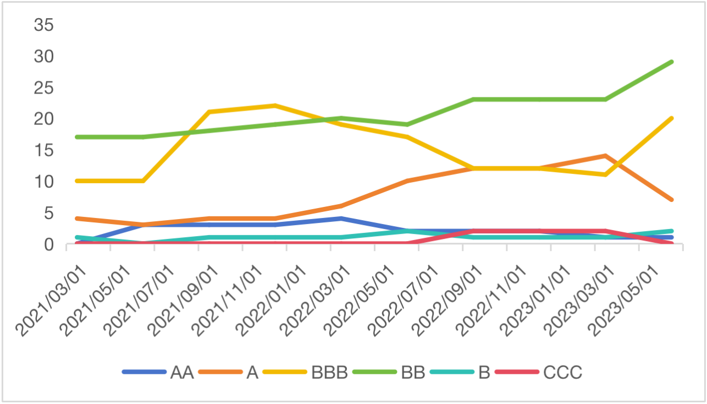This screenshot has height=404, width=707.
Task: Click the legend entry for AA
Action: pos(181,373)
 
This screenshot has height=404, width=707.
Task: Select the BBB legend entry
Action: pos(329,373)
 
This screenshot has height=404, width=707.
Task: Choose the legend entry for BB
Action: pos(413,373)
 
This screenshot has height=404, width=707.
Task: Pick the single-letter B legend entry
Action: pos(484,373)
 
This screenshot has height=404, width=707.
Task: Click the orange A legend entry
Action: pos(252,373)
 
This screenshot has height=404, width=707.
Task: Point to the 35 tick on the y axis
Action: pos(44,25)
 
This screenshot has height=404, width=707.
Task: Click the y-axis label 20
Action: pos(44,119)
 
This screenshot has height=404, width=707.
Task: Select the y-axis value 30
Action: pos(44,57)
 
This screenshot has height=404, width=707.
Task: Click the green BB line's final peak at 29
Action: pos(671,62)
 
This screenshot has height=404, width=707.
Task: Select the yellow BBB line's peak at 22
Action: pos(275,106)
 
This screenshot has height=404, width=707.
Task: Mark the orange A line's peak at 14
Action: pos(605,156)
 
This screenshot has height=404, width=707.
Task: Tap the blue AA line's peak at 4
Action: pos(341,219)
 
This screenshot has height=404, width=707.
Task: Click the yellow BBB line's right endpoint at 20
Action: pos(671,118)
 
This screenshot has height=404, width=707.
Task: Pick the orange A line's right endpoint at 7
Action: pos(671,199)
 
